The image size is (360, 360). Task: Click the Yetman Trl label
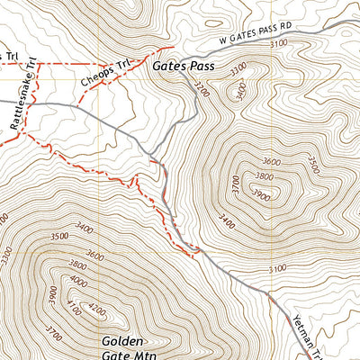click(303, 332)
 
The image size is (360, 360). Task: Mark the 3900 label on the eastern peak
click(262, 194)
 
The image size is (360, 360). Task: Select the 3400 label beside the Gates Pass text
click(240, 91)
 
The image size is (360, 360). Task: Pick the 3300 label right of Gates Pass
click(238, 68)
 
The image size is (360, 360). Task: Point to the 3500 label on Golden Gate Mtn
click(60, 237)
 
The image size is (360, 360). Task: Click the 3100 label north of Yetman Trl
click(277, 268)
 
